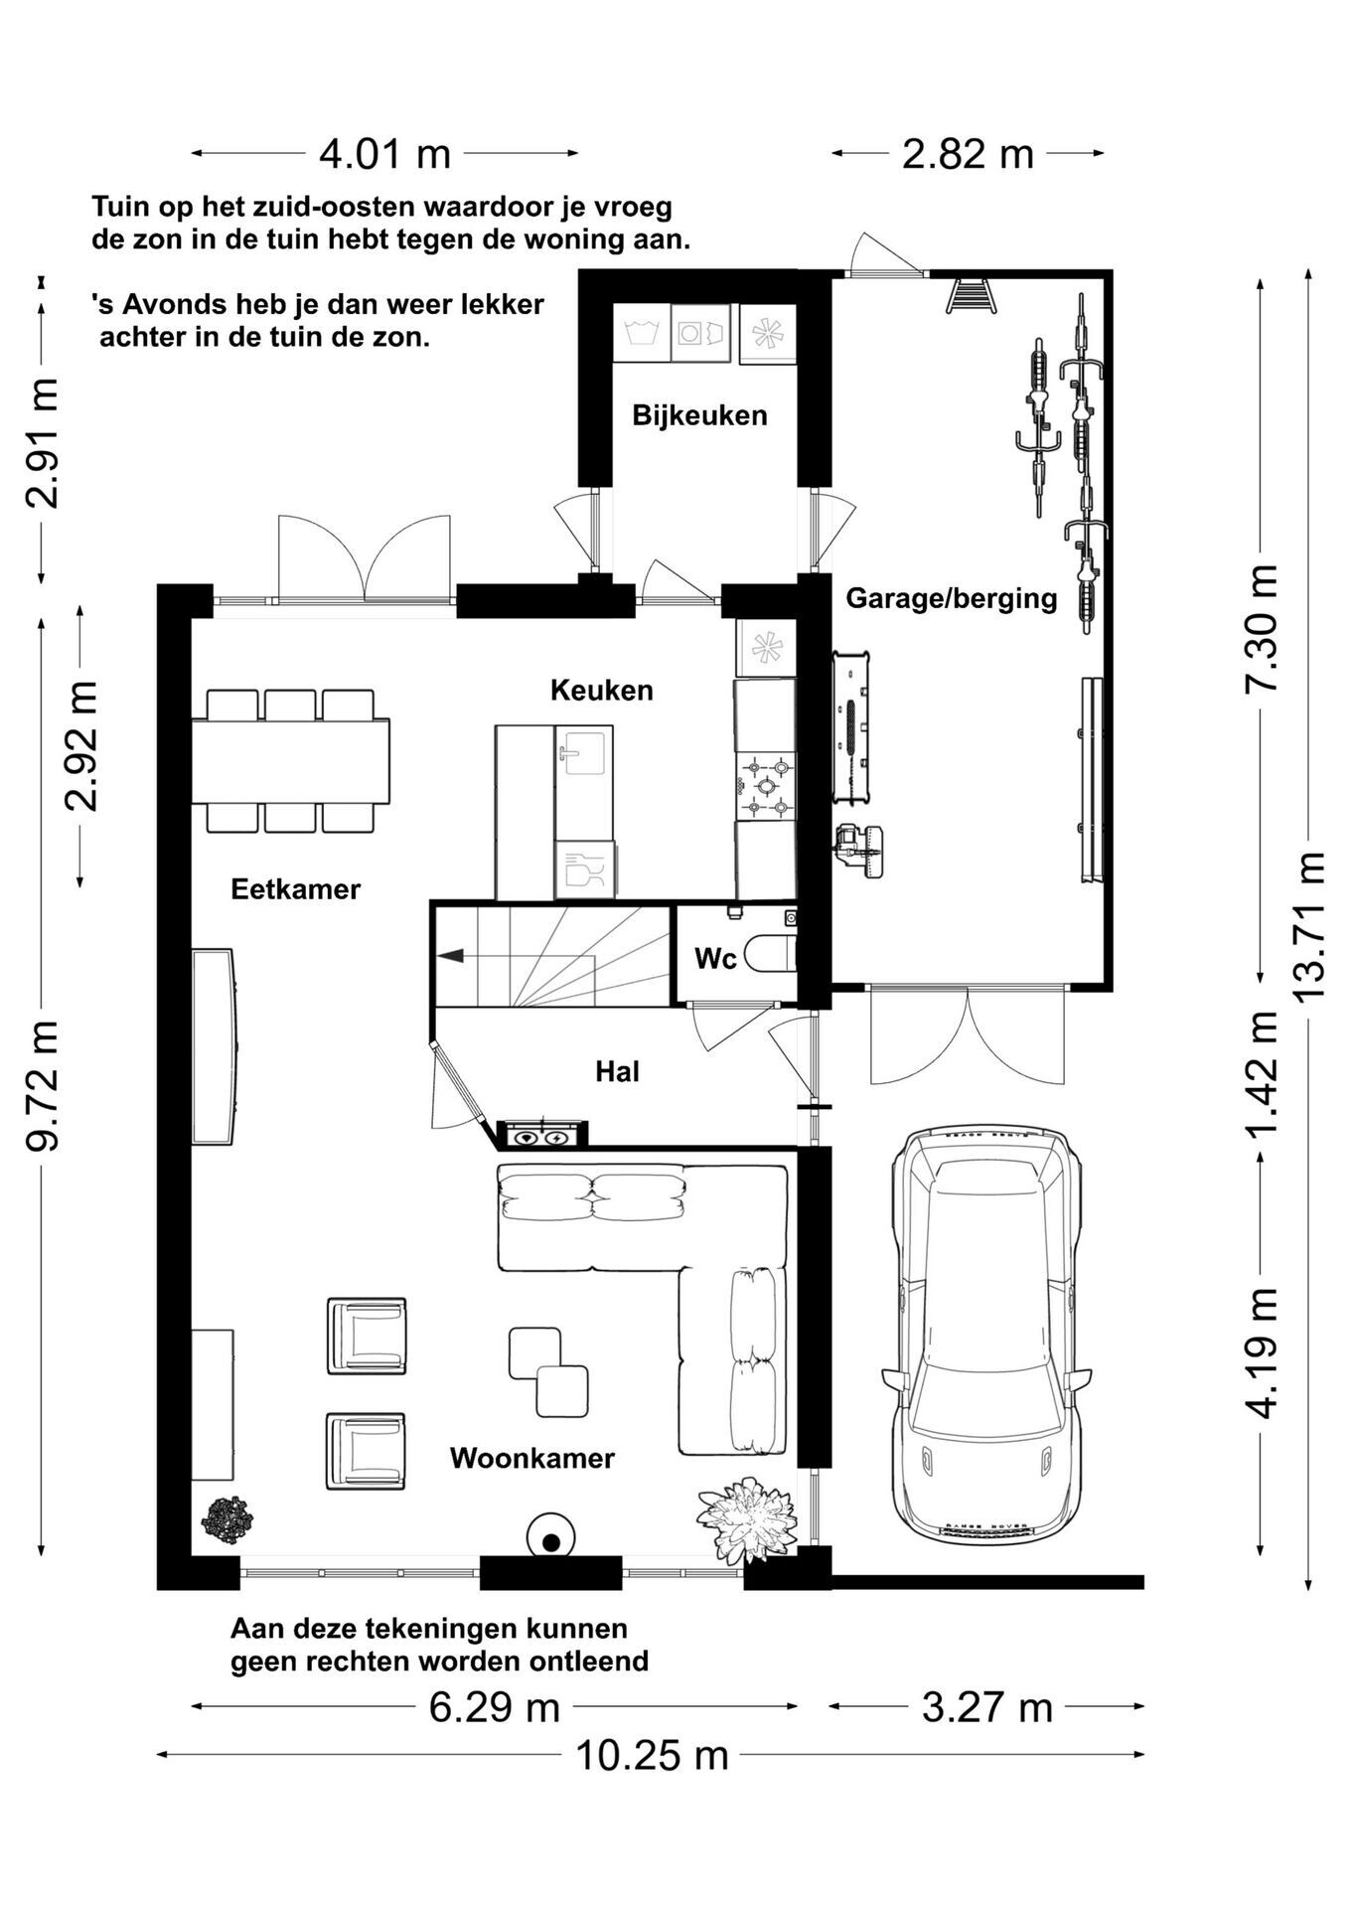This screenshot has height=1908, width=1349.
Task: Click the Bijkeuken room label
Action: (699, 415)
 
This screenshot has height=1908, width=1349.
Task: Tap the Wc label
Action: (715, 958)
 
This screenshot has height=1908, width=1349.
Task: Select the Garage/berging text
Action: (951, 598)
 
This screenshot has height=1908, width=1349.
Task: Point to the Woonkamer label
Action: (532, 1458)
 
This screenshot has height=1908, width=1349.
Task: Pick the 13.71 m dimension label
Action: (1309, 925)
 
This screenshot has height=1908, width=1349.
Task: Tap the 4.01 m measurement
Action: (384, 154)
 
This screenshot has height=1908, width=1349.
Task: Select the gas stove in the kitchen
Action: (766, 785)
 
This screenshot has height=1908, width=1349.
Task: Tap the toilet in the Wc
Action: (771, 954)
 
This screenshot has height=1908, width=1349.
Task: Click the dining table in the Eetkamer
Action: (290, 761)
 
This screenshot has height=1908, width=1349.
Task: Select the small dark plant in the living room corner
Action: (227, 1520)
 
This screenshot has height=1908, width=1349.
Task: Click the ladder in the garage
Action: (971, 295)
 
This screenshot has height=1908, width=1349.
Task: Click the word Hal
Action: (617, 1071)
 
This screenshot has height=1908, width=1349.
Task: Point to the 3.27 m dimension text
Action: (986, 1707)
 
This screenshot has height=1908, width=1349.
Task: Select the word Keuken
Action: (602, 690)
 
